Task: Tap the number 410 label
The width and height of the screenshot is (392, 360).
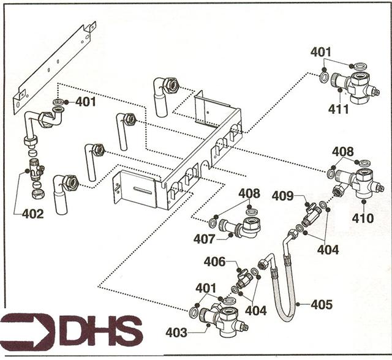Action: click(x=363, y=217)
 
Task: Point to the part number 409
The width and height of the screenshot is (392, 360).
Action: click(x=283, y=197)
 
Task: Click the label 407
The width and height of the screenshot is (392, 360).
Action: click(x=204, y=239)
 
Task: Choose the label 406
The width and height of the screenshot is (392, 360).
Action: click(x=214, y=261)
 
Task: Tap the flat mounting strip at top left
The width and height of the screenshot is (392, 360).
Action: click(x=55, y=61)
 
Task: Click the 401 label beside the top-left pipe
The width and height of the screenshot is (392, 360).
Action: click(x=86, y=102)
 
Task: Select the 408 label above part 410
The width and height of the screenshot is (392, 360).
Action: click(x=343, y=151)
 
